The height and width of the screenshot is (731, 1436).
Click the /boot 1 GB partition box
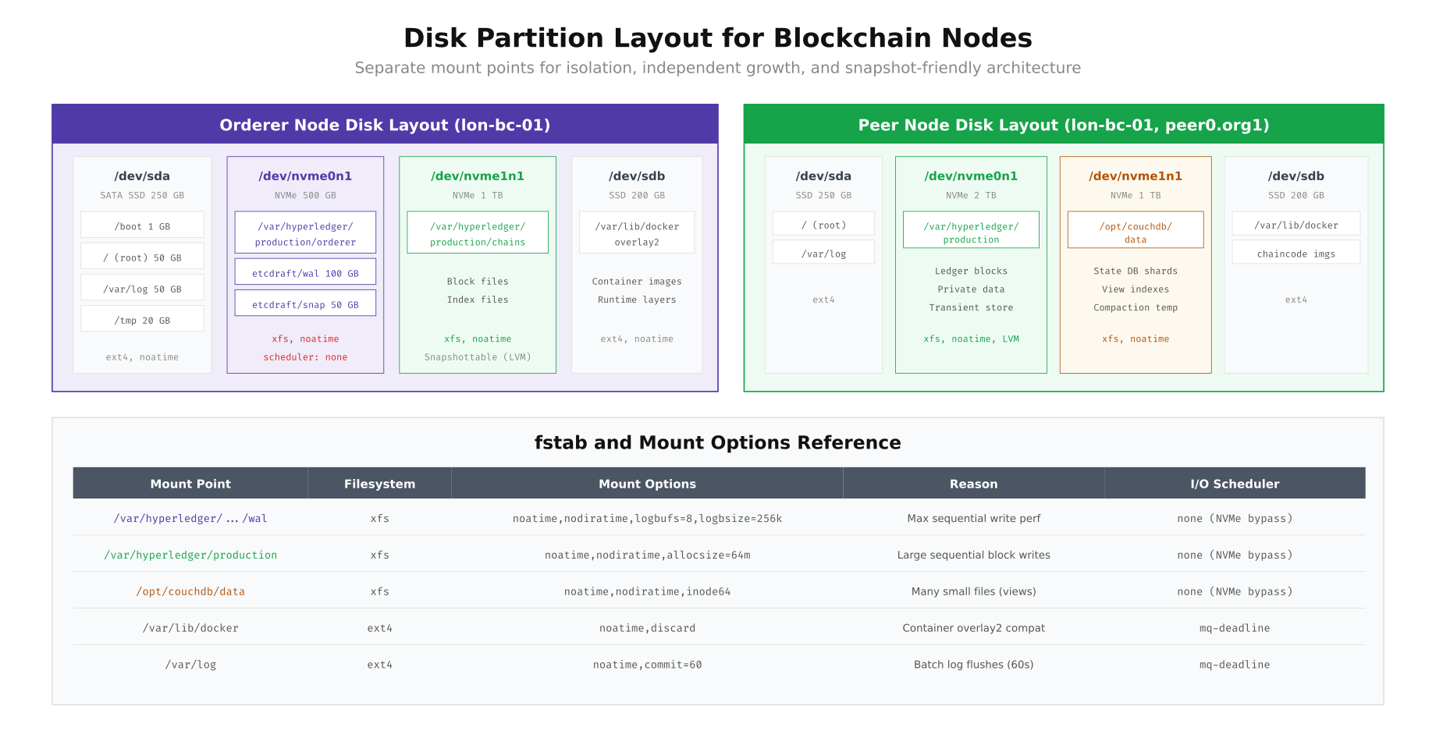142,225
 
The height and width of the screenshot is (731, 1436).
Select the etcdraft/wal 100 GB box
305,272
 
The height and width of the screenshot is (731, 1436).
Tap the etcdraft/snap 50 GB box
305,303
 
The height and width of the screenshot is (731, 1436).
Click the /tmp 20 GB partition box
142,319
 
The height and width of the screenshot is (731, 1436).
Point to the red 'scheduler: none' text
305,357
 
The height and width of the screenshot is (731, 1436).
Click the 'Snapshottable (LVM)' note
478,357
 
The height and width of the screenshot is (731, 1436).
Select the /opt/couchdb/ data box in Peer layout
1136,230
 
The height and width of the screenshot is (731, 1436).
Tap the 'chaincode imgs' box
1296,253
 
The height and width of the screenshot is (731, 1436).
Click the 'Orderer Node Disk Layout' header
385,125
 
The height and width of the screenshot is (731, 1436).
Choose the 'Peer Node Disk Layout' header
1063,125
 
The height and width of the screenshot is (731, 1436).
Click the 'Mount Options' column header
647,484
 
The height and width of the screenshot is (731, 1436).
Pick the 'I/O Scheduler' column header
1235,484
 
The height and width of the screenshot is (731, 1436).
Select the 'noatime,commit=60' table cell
647,665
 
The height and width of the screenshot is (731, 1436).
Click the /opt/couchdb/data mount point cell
190,591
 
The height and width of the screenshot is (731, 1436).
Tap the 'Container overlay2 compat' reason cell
973,628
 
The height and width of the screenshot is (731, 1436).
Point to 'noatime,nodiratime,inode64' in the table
647,591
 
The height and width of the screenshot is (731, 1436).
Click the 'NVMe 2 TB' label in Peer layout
971,195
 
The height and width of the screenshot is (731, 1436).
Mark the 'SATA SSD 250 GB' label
142,195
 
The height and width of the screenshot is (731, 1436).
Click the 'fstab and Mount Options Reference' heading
717,442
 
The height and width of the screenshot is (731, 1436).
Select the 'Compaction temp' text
1136,307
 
